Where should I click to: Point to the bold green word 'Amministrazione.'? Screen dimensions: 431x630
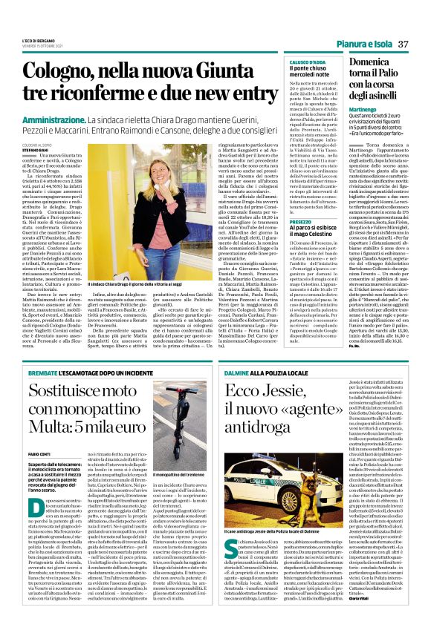pyautogui.click(x=62, y=119)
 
